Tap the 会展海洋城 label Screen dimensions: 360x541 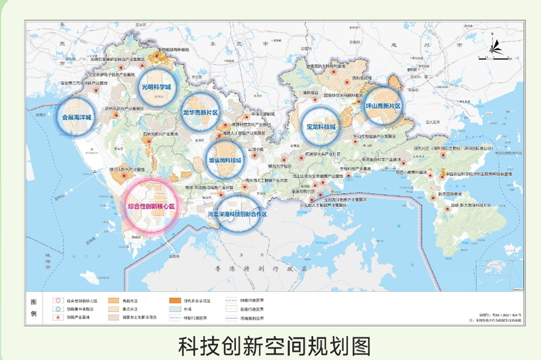tap(76, 118)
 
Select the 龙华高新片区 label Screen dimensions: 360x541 tap(200, 112)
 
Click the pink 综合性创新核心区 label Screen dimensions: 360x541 tap(151, 206)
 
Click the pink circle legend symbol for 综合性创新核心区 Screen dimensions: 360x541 tap(55, 299)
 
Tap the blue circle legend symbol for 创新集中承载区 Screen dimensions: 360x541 tap(55, 308)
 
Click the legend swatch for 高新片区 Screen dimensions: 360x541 tap(114, 299)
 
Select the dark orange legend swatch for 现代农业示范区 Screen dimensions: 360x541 tap(174, 299)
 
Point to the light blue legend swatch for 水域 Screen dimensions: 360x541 tap(174, 308)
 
